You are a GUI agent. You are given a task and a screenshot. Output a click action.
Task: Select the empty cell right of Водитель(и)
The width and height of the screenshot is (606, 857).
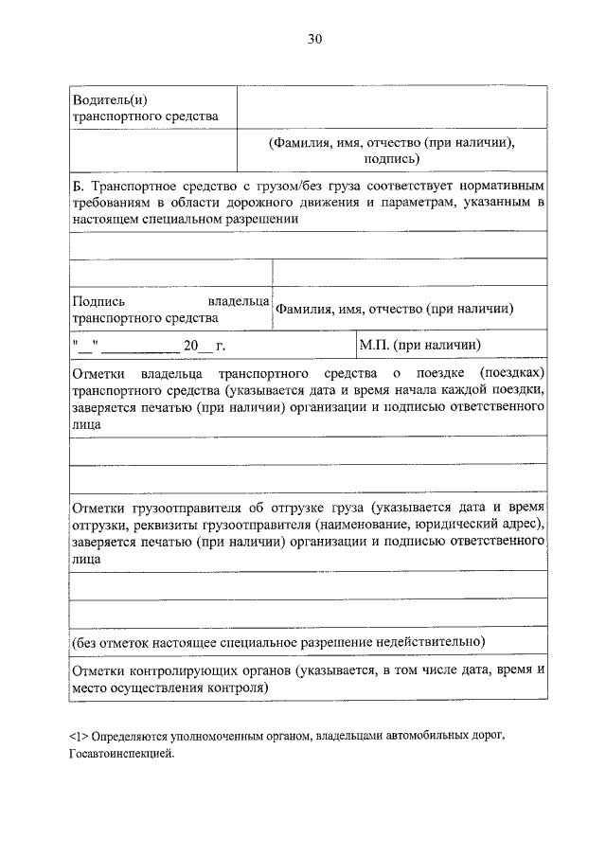click(x=391, y=106)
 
